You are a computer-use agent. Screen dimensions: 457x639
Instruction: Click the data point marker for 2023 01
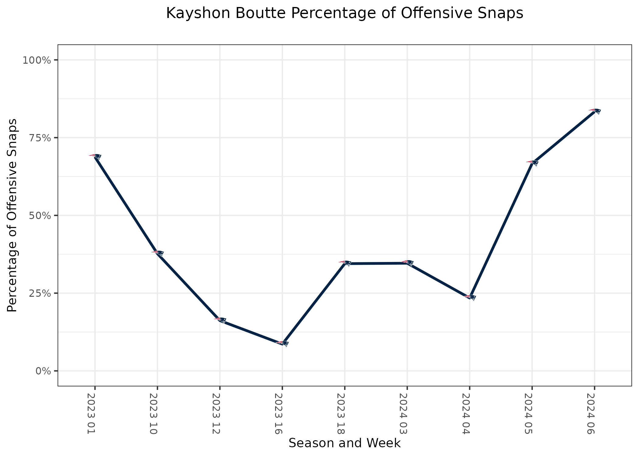95,157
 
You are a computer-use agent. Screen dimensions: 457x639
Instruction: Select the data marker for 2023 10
157,253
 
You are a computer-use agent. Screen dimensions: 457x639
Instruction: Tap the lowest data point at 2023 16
282,343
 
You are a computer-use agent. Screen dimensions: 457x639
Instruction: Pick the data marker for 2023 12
220,320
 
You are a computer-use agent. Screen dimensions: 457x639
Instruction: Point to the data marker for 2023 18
345,263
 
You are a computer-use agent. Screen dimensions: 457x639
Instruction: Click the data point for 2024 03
407,263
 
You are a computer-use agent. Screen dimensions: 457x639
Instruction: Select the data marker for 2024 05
532,163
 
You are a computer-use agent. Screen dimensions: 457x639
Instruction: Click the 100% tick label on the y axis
36,60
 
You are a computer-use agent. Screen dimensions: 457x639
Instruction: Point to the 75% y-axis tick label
39,138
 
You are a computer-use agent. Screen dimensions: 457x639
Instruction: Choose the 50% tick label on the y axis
39,215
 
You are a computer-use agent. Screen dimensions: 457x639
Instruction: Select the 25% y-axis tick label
39,293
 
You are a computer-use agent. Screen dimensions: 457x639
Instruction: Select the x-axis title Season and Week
344,443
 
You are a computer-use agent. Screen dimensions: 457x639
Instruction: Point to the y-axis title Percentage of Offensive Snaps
12,215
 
